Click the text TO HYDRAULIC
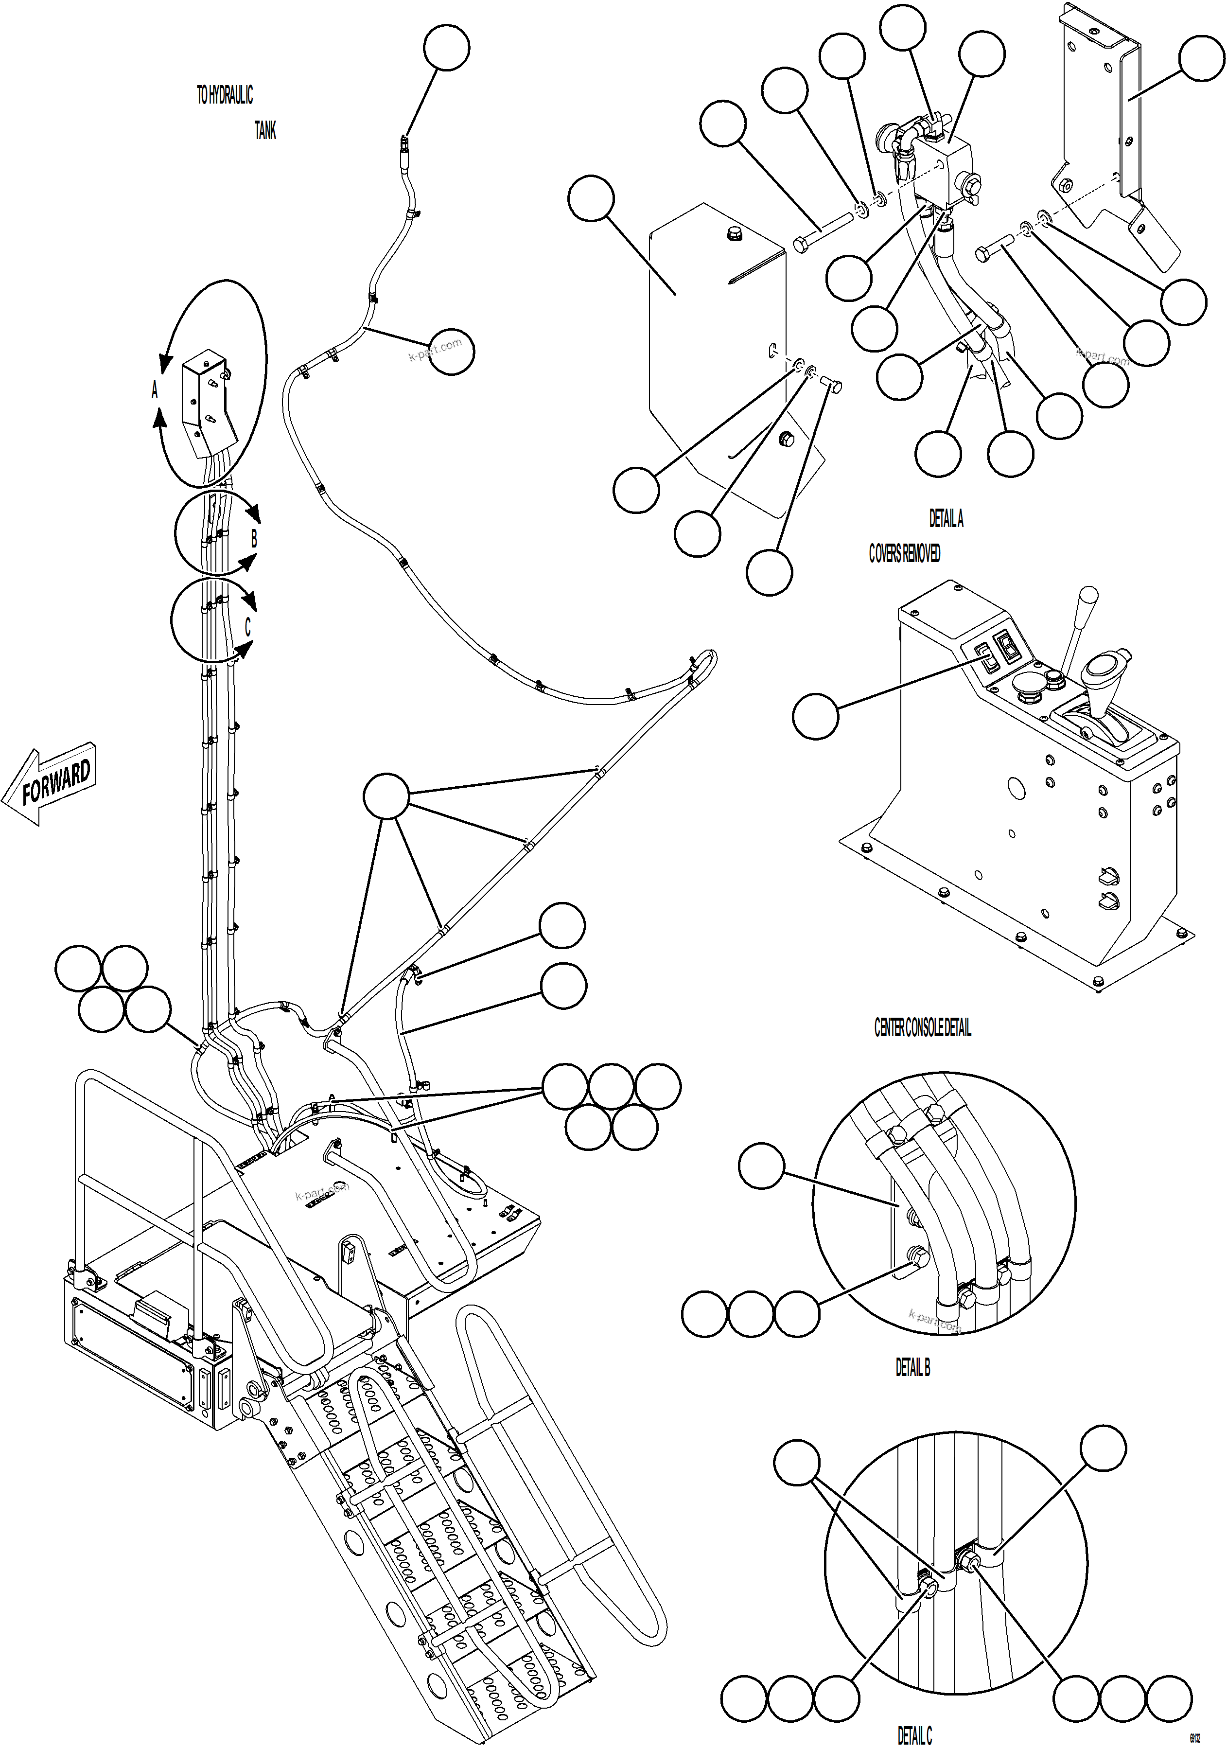(224, 95)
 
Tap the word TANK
(265, 131)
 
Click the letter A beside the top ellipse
(155, 390)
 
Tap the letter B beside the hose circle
(254, 539)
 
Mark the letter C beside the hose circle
(247, 626)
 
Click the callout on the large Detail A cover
(591, 198)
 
